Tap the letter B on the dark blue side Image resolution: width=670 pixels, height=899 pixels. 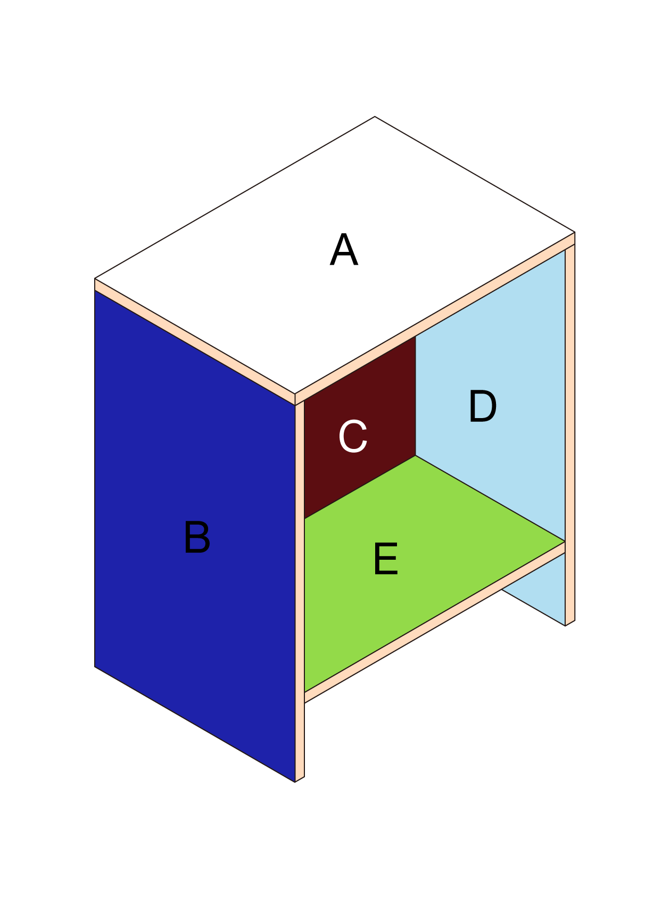(197, 537)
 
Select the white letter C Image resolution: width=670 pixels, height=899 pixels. (353, 436)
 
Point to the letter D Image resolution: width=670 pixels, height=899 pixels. (482, 406)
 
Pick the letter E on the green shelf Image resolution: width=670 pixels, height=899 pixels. (386, 559)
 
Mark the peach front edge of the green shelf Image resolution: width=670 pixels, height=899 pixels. (434, 623)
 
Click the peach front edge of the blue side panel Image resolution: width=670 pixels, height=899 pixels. (300, 591)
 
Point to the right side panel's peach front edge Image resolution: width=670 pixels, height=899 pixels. (570, 434)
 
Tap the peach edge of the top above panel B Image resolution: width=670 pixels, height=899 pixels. (195, 342)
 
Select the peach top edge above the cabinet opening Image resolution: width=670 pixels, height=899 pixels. (435, 318)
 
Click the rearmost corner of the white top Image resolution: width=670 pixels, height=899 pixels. (375, 117)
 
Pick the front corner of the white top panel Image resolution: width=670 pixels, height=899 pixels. (295, 394)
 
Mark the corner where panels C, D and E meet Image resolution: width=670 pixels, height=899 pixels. (416, 455)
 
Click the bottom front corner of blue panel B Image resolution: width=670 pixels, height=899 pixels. (295, 782)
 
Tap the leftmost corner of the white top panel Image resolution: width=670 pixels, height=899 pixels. (95, 278)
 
